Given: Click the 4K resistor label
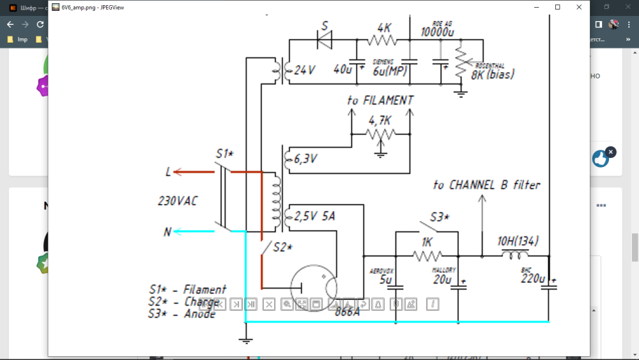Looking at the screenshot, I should coord(384,28).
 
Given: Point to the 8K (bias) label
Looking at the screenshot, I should coord(493,75).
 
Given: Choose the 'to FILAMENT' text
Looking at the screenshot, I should coord(380,100).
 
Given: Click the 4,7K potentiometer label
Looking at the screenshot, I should coord(380,120).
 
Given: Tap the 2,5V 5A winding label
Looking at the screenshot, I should coord(314,217).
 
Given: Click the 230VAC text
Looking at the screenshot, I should coord(178,201).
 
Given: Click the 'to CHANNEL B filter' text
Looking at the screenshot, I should coord(486,185).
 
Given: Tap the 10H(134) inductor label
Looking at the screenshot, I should coord(518,241).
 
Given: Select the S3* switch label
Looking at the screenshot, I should coord(440,217).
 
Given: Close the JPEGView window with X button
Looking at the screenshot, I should coord(579,7).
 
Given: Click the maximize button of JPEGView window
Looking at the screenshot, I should coord(558,7).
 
